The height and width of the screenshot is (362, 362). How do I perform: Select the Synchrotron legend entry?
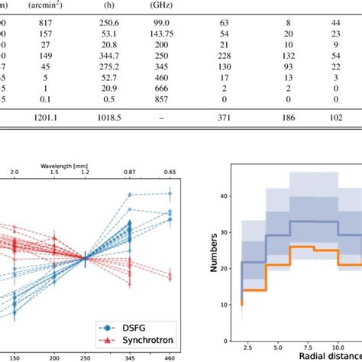tap(151, 326)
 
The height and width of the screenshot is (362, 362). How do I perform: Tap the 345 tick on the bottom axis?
tap(131, 356)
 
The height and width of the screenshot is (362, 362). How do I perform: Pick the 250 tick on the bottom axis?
tap(85, 356)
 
